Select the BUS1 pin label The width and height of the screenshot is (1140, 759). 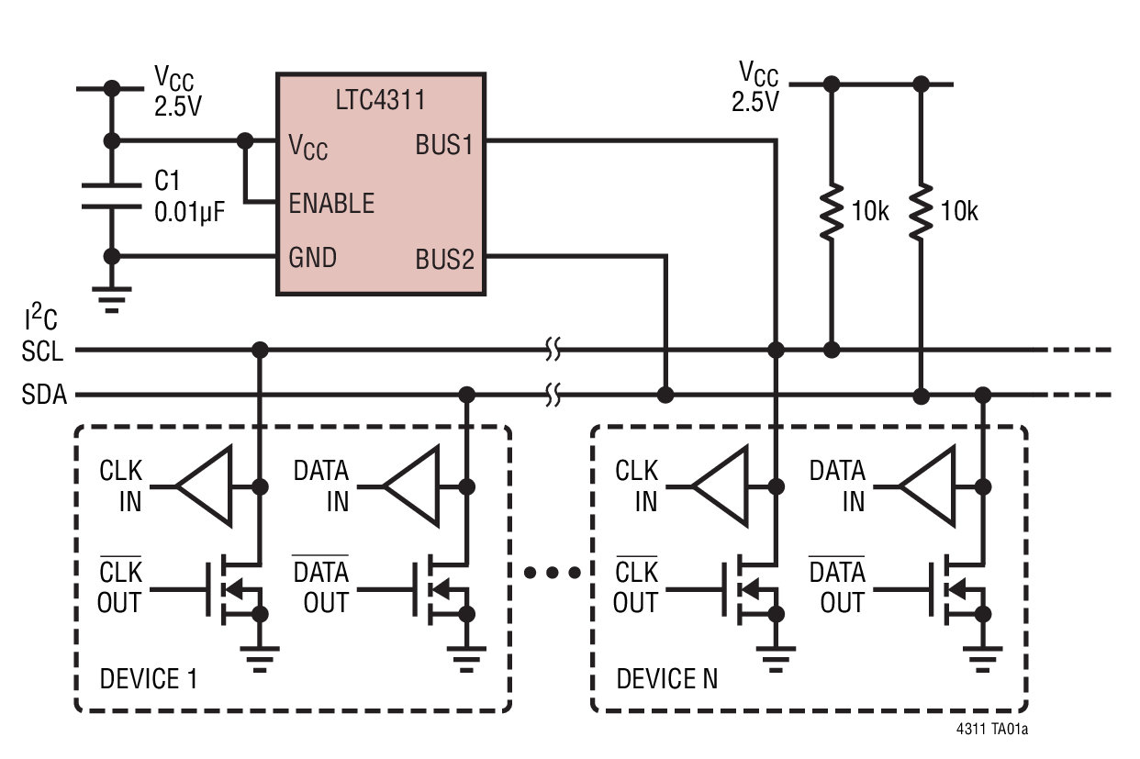(x=444, y=145)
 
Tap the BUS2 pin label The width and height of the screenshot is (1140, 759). (x=444, y=259)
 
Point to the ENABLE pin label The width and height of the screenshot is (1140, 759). (x=331, y=203)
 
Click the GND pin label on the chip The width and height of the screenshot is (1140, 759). (x=312, y=258)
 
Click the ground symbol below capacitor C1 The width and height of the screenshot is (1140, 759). (x=112, y=298)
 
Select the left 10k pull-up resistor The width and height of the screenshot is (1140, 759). (x=832, y=212)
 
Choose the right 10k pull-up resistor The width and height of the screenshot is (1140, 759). (x=921, y=212)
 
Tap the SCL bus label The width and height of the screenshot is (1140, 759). (x=45, y=351)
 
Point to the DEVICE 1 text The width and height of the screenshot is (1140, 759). (x=148, y=679)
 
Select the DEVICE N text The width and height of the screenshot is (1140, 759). (x=666, y=679)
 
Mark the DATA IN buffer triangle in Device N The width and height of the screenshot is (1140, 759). (x=929, y=486)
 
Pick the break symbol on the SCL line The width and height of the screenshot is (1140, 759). (x=552, y=350)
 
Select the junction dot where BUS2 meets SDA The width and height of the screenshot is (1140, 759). (x=665, y=396)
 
